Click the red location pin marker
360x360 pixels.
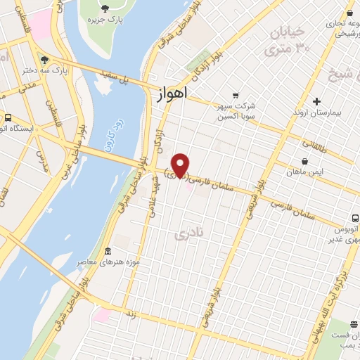tap(181, 165)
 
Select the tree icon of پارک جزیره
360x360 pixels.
tap(105, 8)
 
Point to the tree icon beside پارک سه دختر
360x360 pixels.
tap(45, 60)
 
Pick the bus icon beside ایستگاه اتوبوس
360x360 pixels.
tap(8, 117)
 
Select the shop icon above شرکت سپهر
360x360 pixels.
tap(236, 96)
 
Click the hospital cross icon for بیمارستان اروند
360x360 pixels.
tap(316, 101)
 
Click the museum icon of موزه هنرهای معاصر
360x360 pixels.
tap(106, 252)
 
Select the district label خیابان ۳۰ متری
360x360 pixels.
tap(288, 41)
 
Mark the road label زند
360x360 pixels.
tap(131, 316)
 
